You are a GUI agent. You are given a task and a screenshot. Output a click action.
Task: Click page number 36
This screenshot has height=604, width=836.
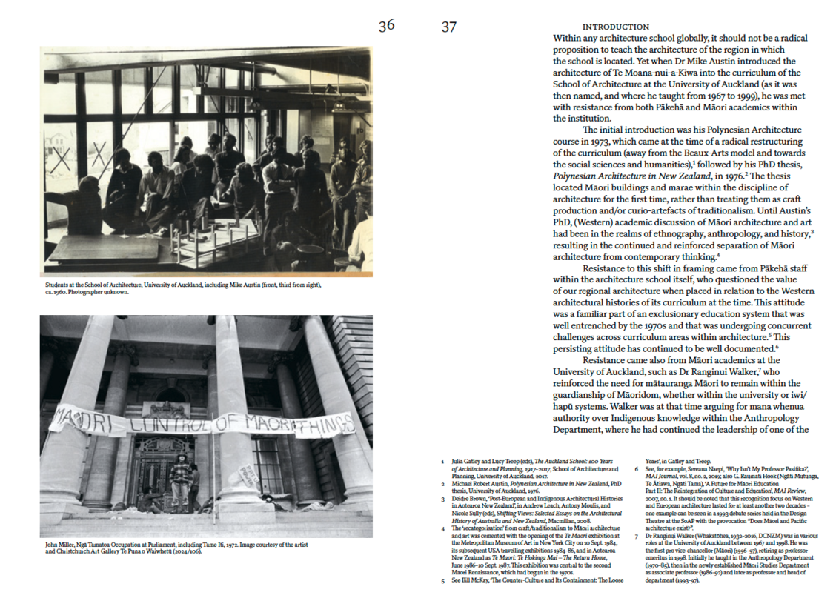tap(386, 26)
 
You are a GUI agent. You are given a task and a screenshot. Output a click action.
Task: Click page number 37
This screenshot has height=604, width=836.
tap(448, 27)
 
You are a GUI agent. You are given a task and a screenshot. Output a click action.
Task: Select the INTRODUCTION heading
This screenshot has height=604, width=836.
tap(615, 27)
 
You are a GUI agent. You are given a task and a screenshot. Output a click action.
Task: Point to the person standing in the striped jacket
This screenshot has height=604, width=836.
tap(179, 481)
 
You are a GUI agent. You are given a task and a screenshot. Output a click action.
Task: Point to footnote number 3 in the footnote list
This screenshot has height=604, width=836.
tap(442, 500)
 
